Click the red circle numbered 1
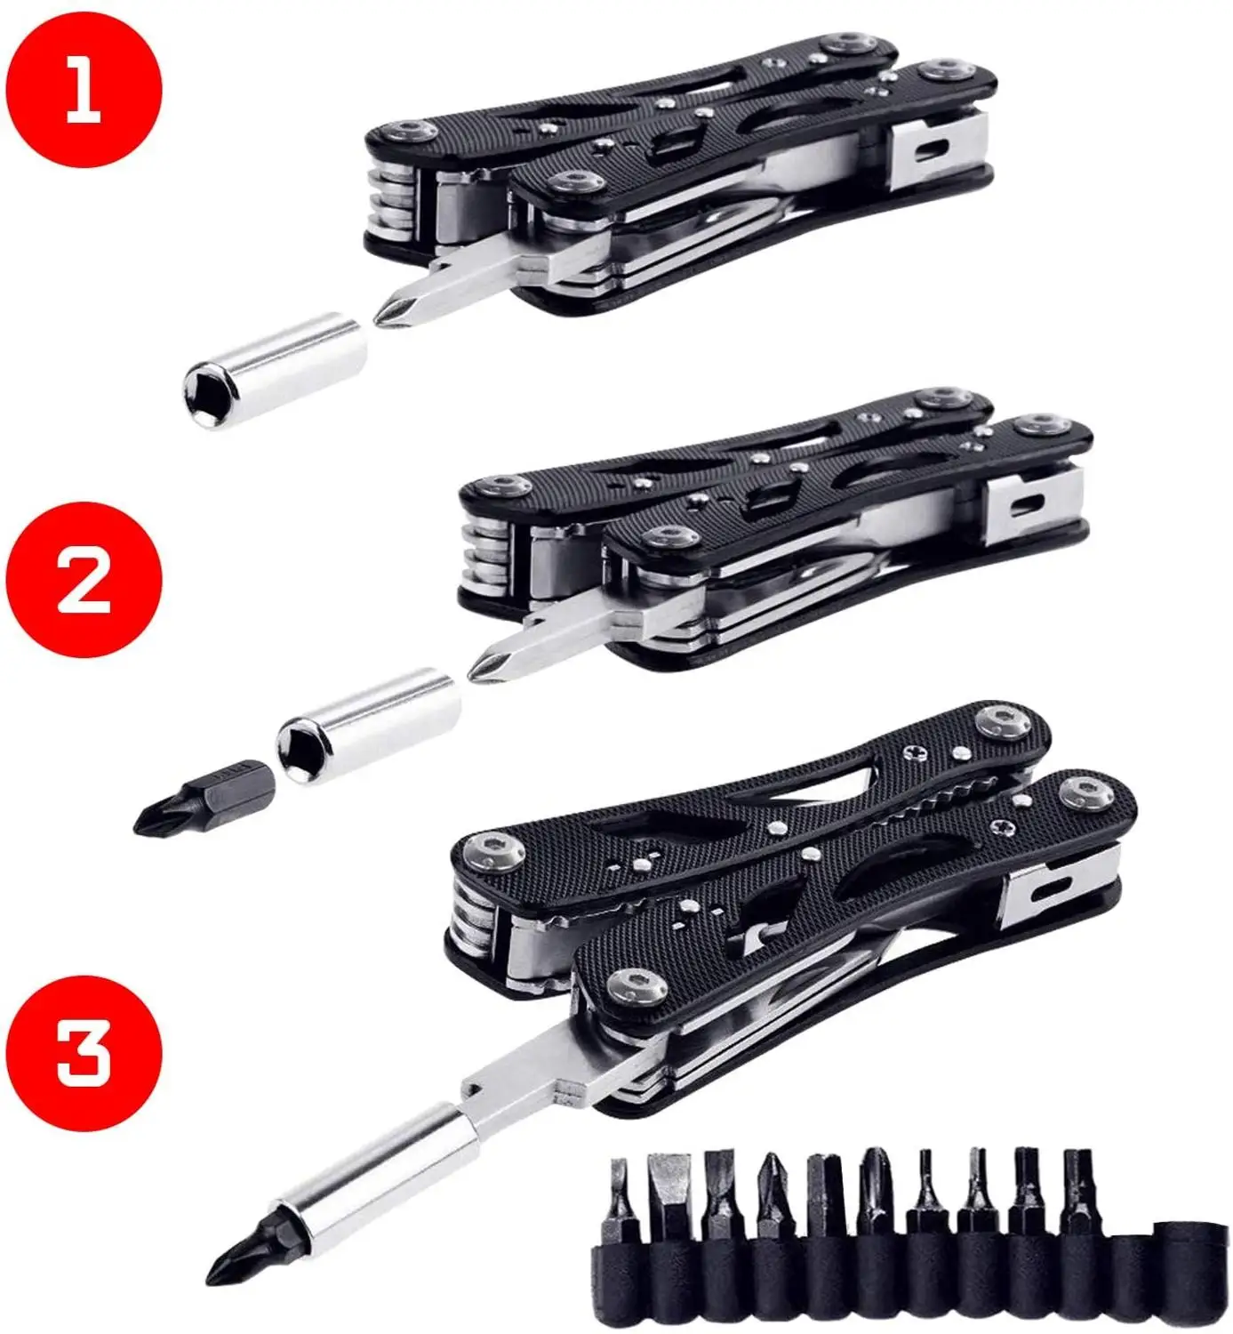[x=84, y=89]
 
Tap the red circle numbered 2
[x=84, y=579]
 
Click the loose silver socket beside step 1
[x=275, y=374]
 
